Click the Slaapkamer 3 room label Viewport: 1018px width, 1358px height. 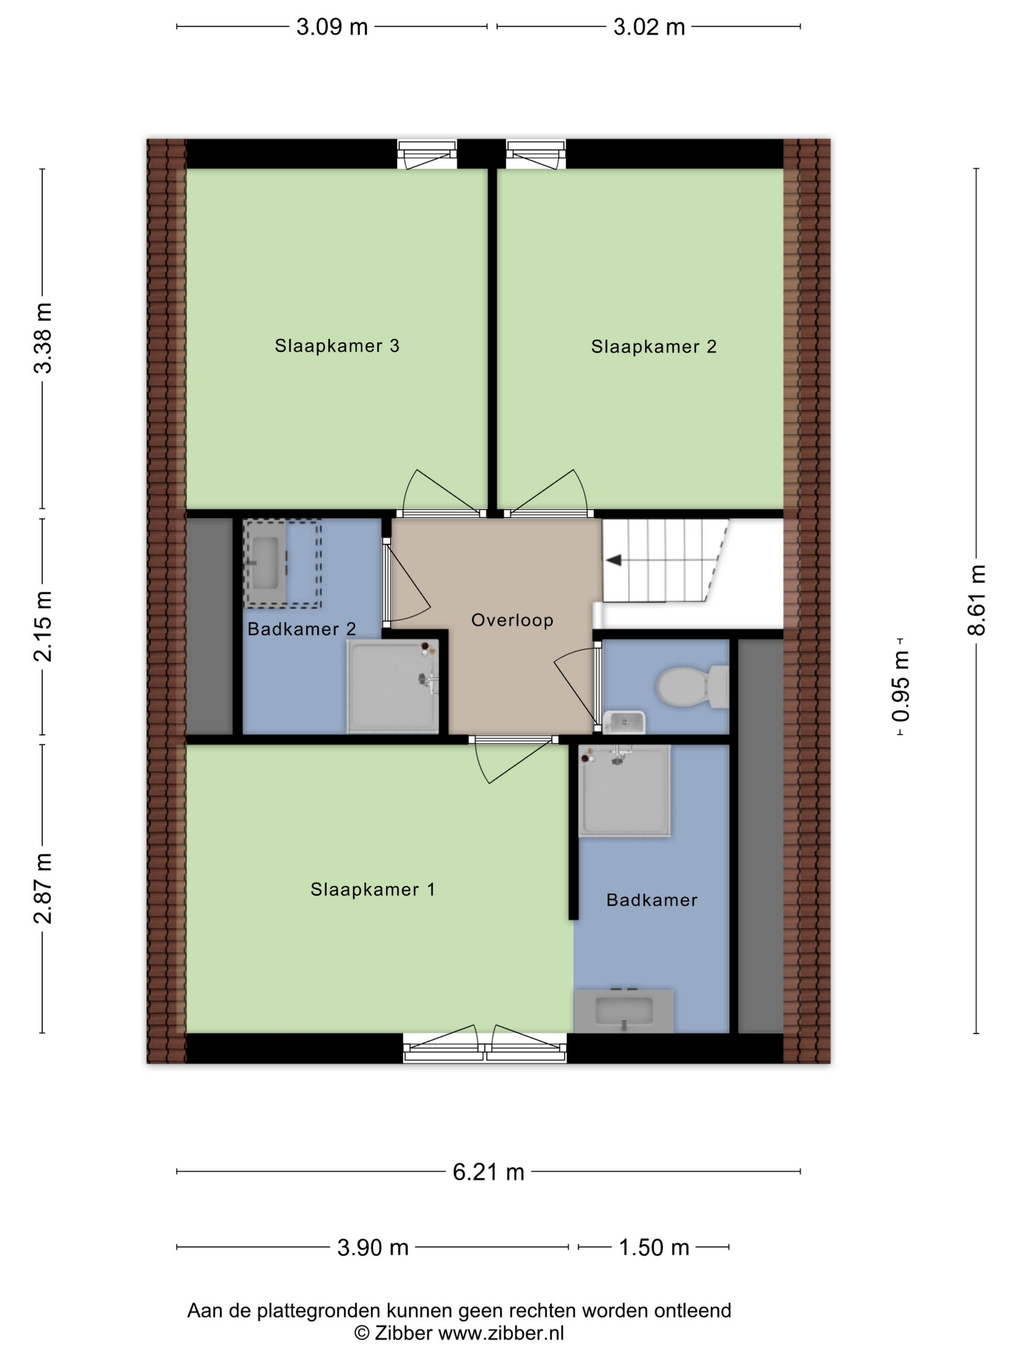point(337,346)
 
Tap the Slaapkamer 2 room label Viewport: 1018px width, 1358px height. point(653,347)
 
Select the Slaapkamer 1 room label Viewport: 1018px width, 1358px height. point(372,889)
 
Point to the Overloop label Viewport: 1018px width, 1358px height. point(512,621)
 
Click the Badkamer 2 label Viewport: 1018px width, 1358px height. point(302,629)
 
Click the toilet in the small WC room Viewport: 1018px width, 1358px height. point(692,686)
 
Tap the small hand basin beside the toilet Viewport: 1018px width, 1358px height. point(623,723)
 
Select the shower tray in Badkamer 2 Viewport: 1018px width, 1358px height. point(393,686)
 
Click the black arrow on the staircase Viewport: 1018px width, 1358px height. point(613,560)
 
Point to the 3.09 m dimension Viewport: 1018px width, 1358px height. point(332,27)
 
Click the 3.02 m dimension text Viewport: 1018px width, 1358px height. point(649,27)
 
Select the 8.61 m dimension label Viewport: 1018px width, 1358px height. point(976,600)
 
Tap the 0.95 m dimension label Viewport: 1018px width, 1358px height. point(901,686)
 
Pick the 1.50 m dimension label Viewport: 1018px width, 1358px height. point(654,1247)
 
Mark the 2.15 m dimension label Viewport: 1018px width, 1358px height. point(43,626)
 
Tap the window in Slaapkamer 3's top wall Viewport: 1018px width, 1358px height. point(427,154)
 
